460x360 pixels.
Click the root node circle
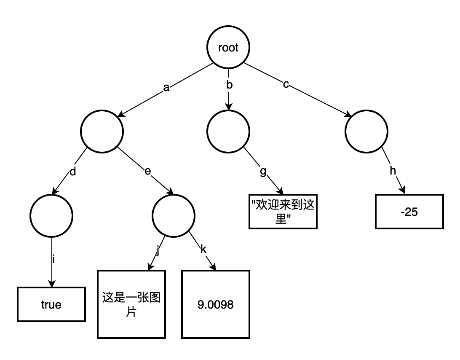pos(228,48)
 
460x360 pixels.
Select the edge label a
pos(166,88)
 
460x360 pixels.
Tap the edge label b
pos(229,85)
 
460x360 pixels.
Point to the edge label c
pos(286,84)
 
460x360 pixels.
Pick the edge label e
pos(148,171)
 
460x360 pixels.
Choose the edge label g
pos(263,172)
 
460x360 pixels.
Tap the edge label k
pos(203,249)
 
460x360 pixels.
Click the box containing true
pos(51,304)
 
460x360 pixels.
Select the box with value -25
pos(409,212)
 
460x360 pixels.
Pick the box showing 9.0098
pos(216,304)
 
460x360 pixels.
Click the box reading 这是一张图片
pos(131,304)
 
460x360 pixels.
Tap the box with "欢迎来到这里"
pos(283,212)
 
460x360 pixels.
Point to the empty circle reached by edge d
pos(51,216)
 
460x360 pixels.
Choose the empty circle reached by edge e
pos(173,216)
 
